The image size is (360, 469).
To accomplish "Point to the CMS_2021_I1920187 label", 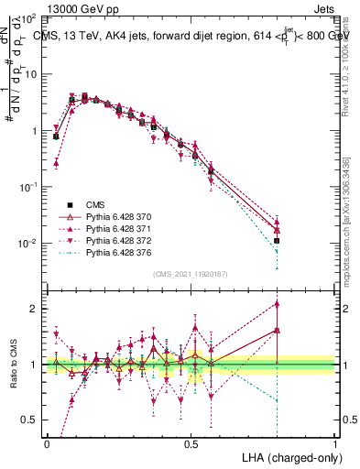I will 191,275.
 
